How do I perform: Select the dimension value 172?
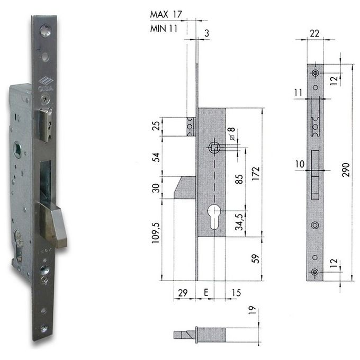click(x=256, y=172)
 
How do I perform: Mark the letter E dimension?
click(x=206, y=292)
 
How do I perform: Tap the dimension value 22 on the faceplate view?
click(x=315, y=34)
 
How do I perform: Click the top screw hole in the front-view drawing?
click(x=315, y=73)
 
